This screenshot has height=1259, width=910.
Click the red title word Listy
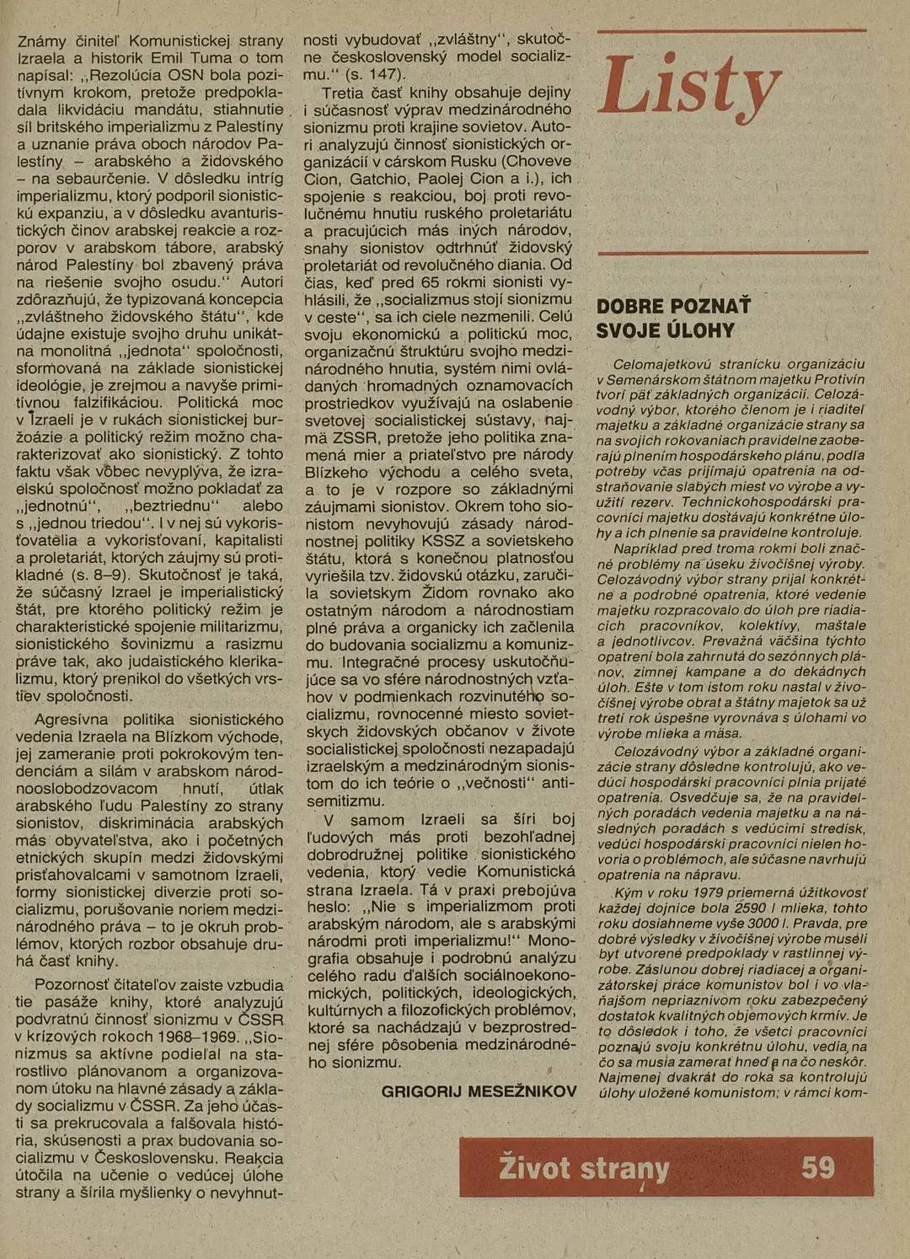[x=689, y=88]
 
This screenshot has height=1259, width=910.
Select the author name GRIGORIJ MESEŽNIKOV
[x=479, y=1091]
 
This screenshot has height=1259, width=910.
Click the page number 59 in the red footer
[x=817, y=1167]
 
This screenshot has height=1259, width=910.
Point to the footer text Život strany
[x=584, y=1168]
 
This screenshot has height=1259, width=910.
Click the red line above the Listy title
[x=731, y=31]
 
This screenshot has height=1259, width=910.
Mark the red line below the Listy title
[x=731, y=252]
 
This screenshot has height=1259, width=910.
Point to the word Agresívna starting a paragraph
[x=72, y=720]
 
